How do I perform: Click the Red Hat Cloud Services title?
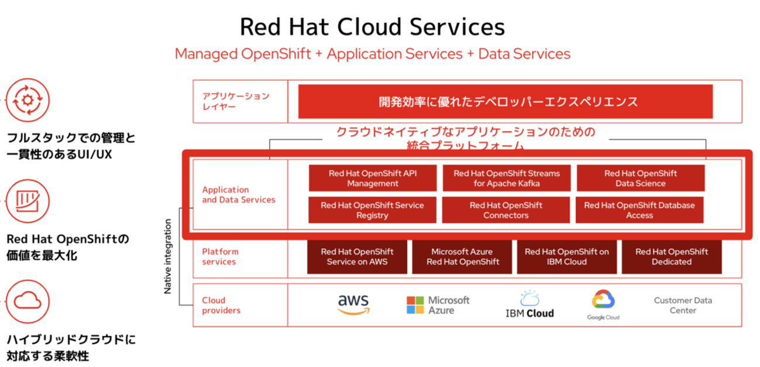click(372, 27)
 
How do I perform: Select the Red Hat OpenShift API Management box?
click(373, 178)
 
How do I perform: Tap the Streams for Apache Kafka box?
click(506, 178)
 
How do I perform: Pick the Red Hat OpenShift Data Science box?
click(640, 178)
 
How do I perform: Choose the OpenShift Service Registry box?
click(372, 210)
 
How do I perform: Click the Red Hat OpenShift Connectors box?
click(505, 210)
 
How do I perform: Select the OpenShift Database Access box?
click(639, 210)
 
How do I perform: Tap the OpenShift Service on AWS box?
click(357, 256)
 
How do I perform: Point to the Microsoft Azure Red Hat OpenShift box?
click(462, 256)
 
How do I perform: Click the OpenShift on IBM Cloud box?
click(566, 256)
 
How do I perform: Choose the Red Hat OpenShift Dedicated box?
click(671, 256)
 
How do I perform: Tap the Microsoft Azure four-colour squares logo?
click(414, 304)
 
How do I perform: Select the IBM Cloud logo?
click(529, 305)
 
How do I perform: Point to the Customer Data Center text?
click(683, 305)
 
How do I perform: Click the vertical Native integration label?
click(168, 256)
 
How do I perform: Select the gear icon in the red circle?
click(27, 101)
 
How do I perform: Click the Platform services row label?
click(220, 256)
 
